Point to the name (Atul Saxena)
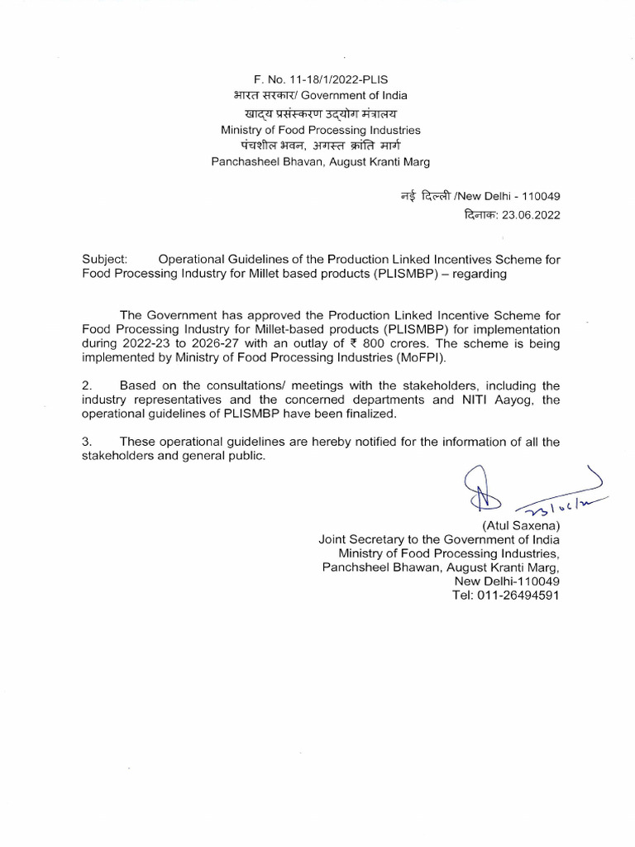[x=520, y=525]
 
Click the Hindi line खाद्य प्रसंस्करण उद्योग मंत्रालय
[x=320, y=114]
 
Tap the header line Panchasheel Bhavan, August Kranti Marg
[x=320, y=161]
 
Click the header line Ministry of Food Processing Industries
[x=320, y=130]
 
